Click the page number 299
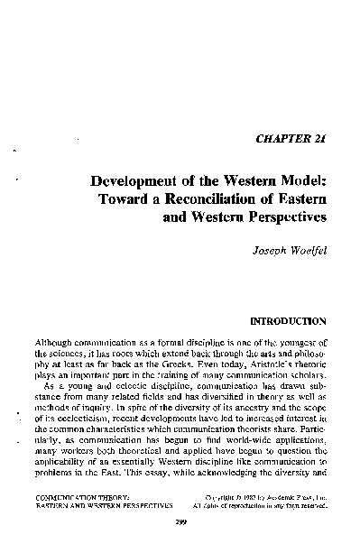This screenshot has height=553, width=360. click(180, 546)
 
